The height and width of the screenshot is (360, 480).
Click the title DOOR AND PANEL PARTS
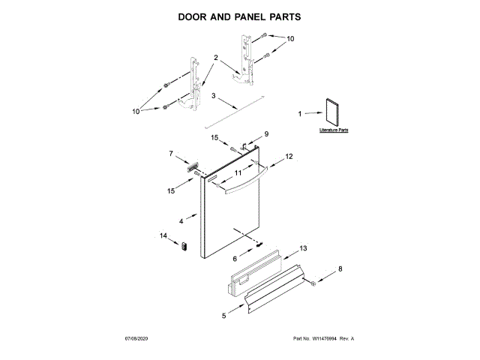point(240,15)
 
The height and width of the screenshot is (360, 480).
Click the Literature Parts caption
point(334,130)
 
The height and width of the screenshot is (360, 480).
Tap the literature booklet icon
point(331,112)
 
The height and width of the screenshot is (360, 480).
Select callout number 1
point(300,115)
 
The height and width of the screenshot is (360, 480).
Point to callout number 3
point(213,96)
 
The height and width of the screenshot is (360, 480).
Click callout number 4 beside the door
point(181,221)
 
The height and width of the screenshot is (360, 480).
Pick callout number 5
point(223,316)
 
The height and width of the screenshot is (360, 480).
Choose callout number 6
point(234,258)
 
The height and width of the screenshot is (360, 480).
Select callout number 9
point(265,136)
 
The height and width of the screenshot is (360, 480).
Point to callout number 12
point(288,157)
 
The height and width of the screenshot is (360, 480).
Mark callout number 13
point(303,247)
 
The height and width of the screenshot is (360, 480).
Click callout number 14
point(163,236)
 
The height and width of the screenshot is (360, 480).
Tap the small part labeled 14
point(184,247)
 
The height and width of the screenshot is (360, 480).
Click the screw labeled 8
point(313,283)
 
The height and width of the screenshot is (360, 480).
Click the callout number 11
point(238,172)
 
